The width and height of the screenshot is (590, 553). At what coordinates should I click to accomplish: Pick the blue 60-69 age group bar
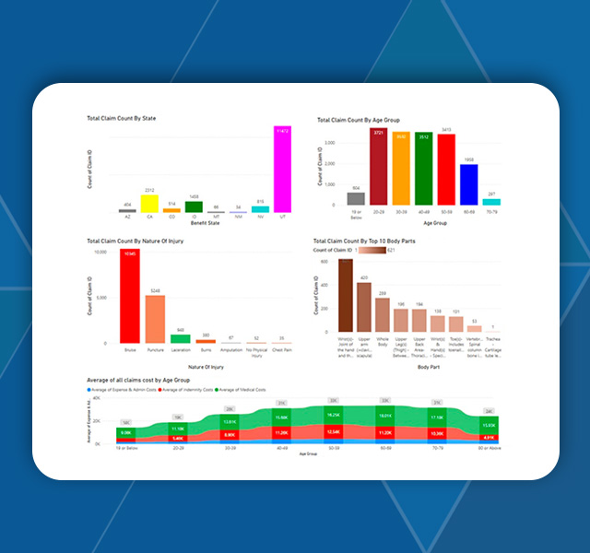pos(468,185)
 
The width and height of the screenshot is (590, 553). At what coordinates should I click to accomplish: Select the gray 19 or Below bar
pos(355,198)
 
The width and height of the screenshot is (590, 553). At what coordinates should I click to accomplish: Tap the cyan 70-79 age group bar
pos(491,201)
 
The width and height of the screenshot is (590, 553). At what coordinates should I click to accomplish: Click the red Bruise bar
pos(130,297)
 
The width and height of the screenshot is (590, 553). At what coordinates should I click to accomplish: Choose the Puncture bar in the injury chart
pos(155,319)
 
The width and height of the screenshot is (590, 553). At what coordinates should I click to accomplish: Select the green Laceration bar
pos(181,338)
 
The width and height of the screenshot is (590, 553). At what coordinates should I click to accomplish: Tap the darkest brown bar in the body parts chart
pos(346,295)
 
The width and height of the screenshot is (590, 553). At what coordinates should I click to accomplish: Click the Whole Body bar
pos(382,314)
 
